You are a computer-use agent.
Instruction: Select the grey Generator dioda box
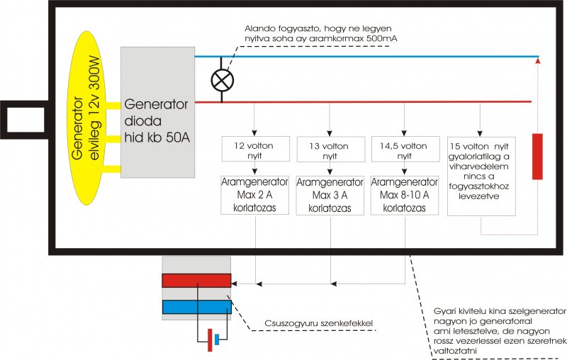click(157, 112)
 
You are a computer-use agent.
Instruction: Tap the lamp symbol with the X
click(223, 79)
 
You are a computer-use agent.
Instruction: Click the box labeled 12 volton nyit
click(253, 150)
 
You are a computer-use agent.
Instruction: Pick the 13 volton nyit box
click(329, 150)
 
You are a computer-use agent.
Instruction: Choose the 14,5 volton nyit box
click(403, 150)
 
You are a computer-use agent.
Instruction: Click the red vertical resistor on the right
click(538, 155)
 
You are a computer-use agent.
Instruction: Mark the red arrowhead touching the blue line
click(538, 62)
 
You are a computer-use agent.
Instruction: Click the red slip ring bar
click(196, 281)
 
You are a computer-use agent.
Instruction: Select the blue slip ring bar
click(196, 306)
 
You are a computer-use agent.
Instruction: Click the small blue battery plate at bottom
click(218, 339)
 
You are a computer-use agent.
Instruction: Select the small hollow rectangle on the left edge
click(25, 114)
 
